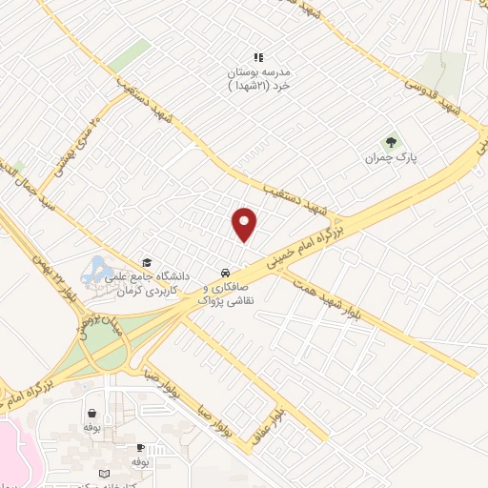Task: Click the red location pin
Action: click(245, 223)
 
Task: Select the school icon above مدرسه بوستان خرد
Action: click(257, 57)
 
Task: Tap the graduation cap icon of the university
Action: click(147, 263)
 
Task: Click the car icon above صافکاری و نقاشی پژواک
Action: click(225, 270)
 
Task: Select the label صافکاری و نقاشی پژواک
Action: click(229, 293)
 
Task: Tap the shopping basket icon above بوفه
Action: click(91, 414)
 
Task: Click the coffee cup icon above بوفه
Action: click(140, 447)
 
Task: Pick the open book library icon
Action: click(104, 473)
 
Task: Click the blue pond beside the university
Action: click(96, 271)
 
